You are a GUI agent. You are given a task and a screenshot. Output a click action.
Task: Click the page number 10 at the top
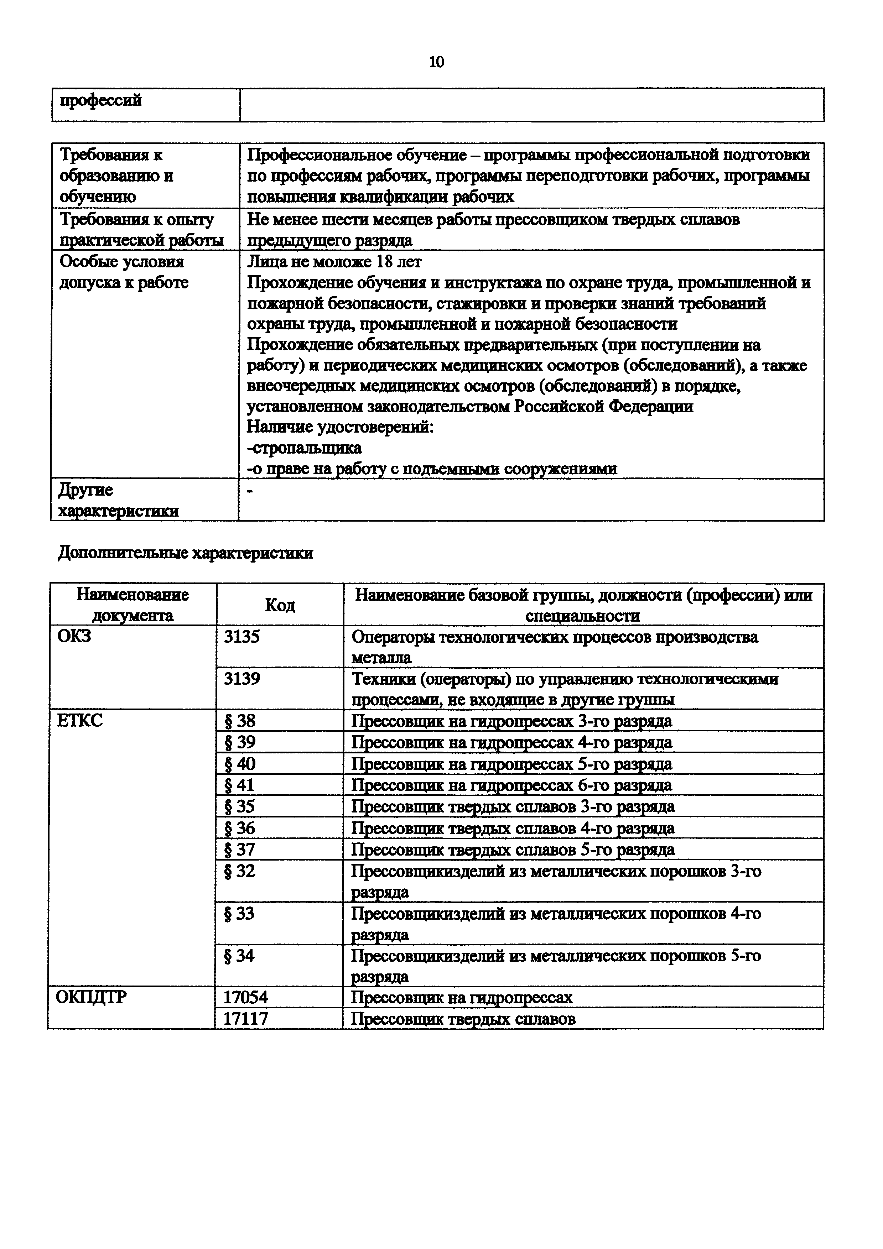436,62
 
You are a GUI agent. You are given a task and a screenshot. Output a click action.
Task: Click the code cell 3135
242,637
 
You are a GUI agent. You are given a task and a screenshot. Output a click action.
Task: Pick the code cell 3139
242,679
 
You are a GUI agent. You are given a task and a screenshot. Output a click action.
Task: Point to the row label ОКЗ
74,636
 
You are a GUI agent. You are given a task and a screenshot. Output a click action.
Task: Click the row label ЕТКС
79,721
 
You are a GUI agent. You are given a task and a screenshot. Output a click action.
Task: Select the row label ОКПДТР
92,997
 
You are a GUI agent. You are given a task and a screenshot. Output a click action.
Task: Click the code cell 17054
246,997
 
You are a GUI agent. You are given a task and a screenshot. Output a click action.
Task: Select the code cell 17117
246,1018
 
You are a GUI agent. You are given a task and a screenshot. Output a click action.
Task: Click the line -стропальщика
304,448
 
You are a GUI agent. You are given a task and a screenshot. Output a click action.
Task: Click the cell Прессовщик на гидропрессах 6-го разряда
511,785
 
